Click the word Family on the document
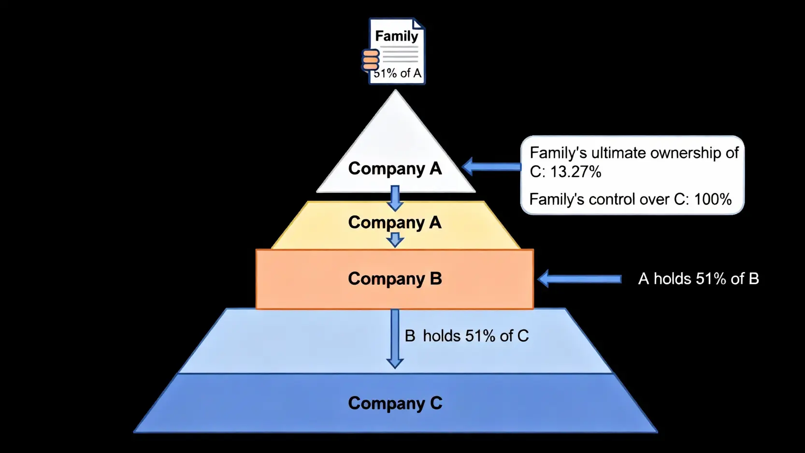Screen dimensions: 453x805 pos(396,36)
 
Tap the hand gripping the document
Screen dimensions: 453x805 pos(371,60)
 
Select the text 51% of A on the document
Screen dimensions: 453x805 pos(398,73)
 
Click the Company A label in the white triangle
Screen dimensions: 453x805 pos(395,168)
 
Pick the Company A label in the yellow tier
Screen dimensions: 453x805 pos(395,222)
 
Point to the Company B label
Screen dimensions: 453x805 pos(395,278)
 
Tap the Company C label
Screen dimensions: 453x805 pos(395,403)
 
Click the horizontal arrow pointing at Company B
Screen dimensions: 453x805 pos(580,279)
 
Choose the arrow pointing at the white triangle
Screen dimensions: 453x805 pos(491,167)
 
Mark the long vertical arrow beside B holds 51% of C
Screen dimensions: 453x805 pos(395,338)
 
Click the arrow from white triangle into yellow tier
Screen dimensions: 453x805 pos(395,198)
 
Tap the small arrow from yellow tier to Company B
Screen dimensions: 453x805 pos(395,239)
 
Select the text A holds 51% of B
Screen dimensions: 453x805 pos(698,279)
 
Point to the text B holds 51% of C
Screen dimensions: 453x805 pos(467,336)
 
